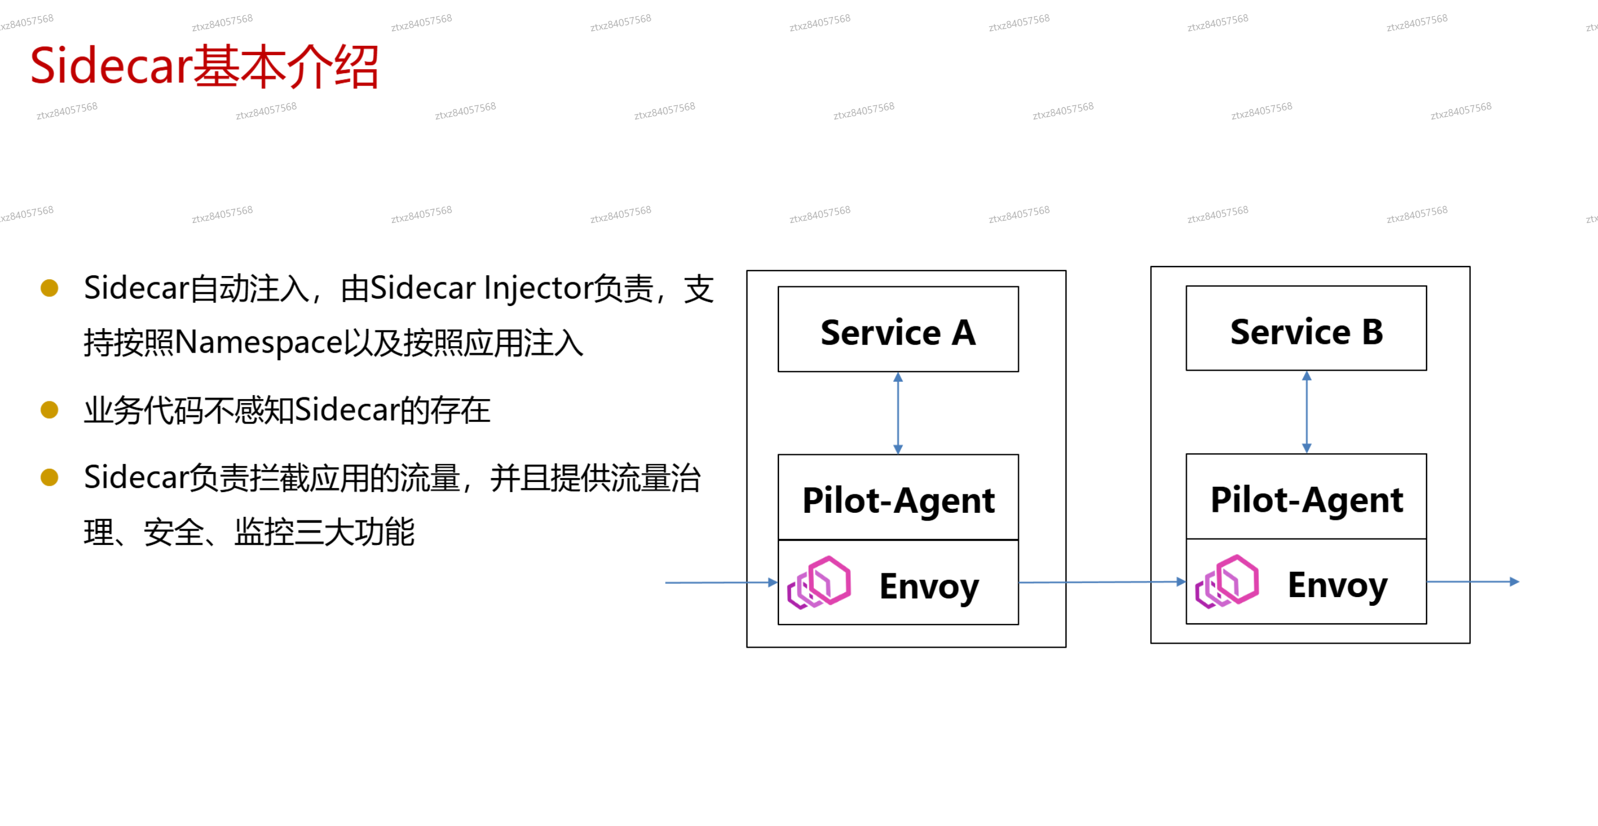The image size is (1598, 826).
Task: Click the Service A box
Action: pos(897,329)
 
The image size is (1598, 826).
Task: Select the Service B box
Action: pos(1306,329)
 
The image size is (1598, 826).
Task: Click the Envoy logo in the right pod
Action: pos(1227,581)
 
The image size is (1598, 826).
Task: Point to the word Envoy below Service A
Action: pos(929,586)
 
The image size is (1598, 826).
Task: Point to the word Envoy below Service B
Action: pos(1337,585)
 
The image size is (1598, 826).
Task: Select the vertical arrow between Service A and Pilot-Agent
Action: pos(897,413)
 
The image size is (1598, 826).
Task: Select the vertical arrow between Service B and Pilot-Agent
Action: pos(1306,412)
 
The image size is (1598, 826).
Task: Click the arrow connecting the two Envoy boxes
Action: pos(1103,582)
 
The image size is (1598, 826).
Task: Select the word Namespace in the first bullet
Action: pos(258,342)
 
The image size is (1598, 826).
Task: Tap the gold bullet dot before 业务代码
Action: pos(49,410)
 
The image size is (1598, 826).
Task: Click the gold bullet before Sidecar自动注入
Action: pos(49,288)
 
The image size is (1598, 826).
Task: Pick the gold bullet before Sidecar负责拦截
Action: pos(49,477)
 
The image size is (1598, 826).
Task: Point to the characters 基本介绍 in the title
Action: pos(286,66)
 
